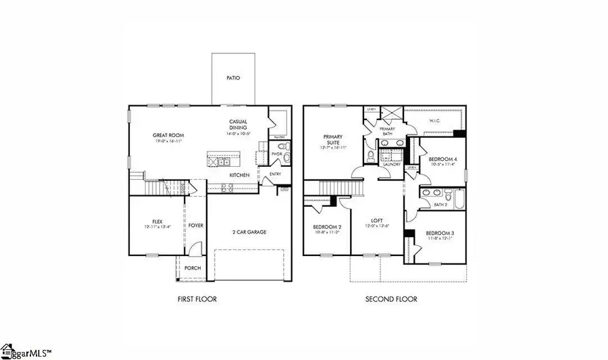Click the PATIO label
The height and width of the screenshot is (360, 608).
pos(232,78)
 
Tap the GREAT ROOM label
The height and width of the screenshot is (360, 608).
pos(168,135)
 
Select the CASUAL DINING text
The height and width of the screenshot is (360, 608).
pos(238,125)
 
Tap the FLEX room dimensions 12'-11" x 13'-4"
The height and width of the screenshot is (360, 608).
pos(157,227)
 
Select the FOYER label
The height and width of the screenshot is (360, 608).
pos(196,226)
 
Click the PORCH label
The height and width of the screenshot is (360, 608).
pos(193,268)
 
